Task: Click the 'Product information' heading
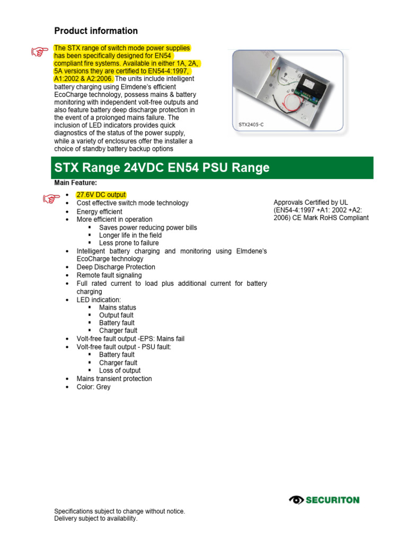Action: (x=96, y=31)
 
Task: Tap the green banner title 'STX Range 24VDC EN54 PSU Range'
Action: (x=162, y=168)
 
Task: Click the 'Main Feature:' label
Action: (x=76, y=183)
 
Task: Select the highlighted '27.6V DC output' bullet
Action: (x=101, y=195)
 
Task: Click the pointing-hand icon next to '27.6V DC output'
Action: (x=51, y=198)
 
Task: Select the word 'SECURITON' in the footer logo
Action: (x=332, y=500)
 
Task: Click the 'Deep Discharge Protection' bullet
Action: (x=116, y=267)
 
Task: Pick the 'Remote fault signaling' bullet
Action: (x=109, y=275)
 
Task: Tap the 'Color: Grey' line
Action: (x=94, y=387)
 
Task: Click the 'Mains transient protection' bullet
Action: (x=114, y=379)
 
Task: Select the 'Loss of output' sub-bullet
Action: (x=120, y=371)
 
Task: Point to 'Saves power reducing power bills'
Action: (x=148, y=228)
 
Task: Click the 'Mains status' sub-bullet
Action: (x=118, y=308)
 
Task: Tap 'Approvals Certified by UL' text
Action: (x=311, y=202)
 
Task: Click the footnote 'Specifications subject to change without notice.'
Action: (x=120, y=511)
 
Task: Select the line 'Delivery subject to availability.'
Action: (x=96, y=519)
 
